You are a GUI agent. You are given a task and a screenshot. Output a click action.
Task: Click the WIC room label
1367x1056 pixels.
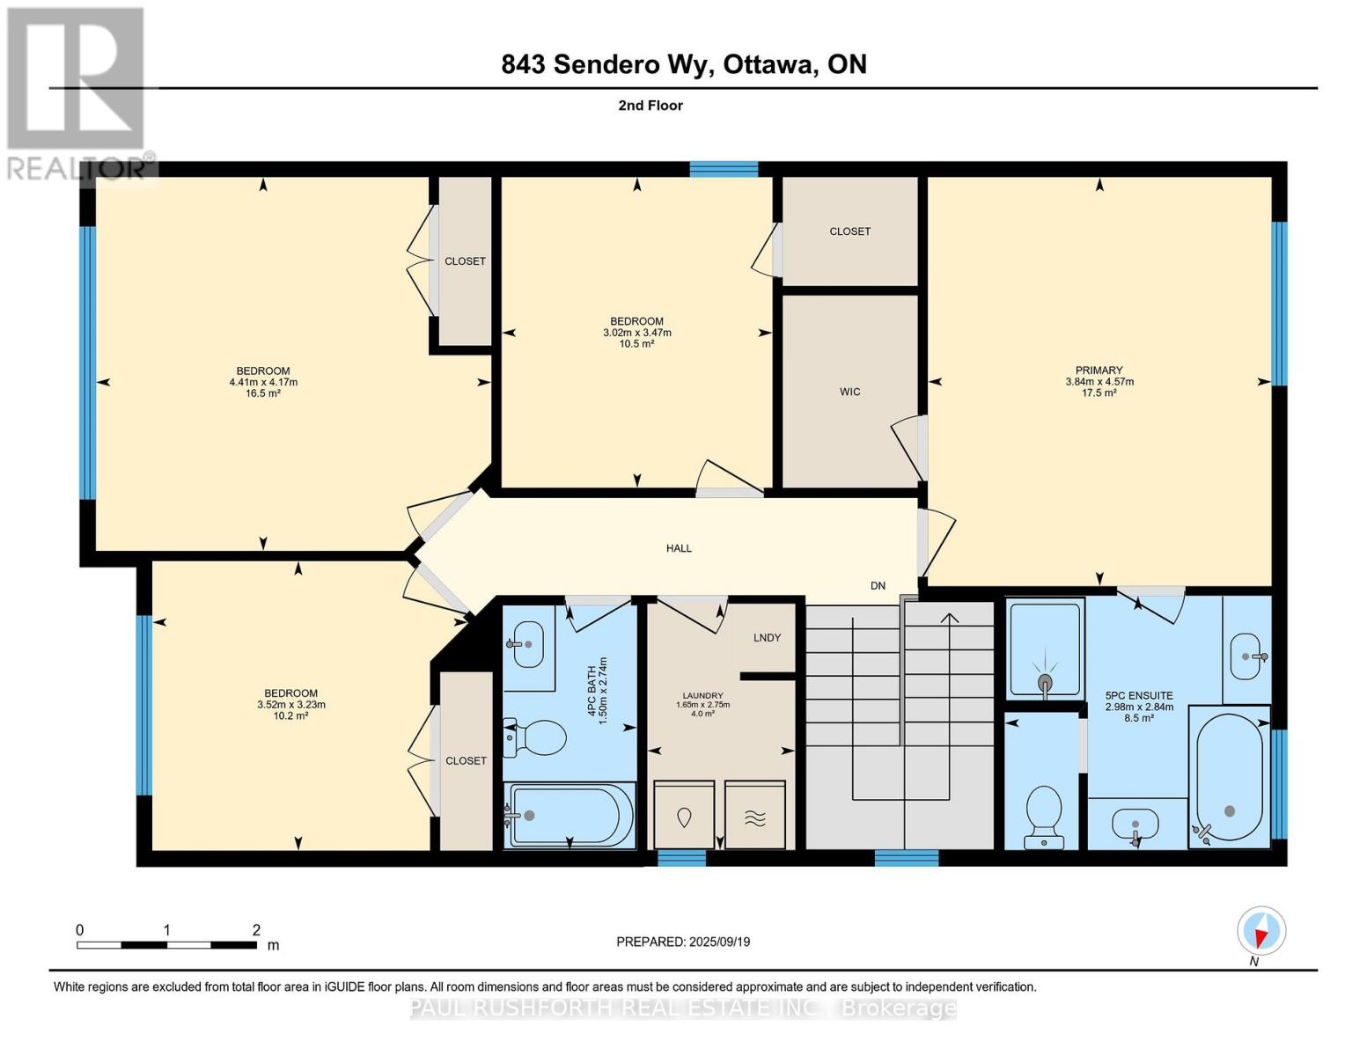849,392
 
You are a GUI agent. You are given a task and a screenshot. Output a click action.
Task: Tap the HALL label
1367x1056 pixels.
679,548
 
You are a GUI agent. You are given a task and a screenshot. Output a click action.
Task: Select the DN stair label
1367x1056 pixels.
878,586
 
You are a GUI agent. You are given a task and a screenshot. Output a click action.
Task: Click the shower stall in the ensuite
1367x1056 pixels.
1045,649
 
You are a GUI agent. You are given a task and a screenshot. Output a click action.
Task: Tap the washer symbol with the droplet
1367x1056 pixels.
684,816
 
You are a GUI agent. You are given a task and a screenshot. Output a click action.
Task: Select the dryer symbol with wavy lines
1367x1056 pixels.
754,816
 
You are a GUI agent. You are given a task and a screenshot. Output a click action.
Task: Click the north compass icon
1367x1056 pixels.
1261,931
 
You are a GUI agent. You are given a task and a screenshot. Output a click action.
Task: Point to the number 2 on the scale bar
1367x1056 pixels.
256,930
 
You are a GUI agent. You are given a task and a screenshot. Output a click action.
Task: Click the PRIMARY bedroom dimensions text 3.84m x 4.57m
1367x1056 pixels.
1099,382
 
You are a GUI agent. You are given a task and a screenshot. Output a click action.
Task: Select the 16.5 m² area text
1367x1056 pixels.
263,393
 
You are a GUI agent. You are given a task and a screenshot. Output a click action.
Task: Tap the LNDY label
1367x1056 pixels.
767,638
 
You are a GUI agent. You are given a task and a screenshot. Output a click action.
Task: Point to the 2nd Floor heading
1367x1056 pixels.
650,106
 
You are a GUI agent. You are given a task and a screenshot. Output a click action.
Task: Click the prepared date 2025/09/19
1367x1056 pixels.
719,942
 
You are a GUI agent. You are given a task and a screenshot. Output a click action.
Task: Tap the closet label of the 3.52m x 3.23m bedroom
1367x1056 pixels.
466,761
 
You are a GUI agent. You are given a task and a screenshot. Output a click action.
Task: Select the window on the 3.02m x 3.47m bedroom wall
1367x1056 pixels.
724,169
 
